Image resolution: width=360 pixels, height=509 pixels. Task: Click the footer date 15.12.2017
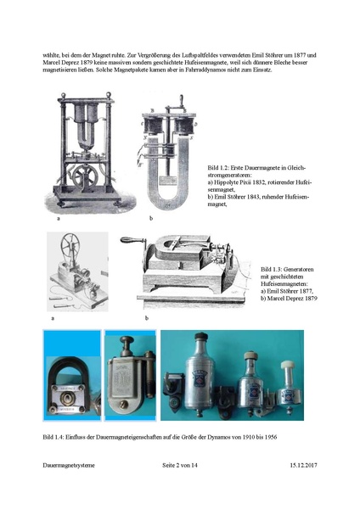(x=303, y=465)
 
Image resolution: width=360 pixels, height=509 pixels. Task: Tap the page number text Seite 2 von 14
(x=180, y=465)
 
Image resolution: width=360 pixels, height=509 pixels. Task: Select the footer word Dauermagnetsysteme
(x=69, y=465)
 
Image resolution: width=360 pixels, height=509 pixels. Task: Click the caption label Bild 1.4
(x=53, y=437)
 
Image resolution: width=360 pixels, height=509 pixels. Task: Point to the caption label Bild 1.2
(x=218, y=168)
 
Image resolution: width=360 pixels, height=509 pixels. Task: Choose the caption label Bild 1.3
(x=271, y=270)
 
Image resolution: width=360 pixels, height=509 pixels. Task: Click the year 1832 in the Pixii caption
(x=258, y=182)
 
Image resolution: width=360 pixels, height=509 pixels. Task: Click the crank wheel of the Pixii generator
(x=85, y=176)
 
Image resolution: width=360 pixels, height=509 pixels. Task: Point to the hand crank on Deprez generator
(x=132, y=241)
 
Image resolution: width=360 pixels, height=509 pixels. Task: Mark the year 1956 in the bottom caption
(x=271, y=437)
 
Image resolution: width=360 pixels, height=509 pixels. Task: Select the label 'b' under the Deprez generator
(x=147, y=318)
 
